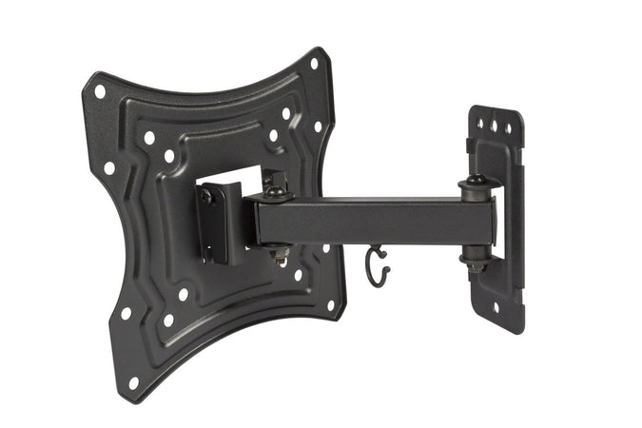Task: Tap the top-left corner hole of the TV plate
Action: (x=100, y=92)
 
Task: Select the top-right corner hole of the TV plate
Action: (x=314, y=65)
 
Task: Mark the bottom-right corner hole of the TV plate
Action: (x=331, y=306)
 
